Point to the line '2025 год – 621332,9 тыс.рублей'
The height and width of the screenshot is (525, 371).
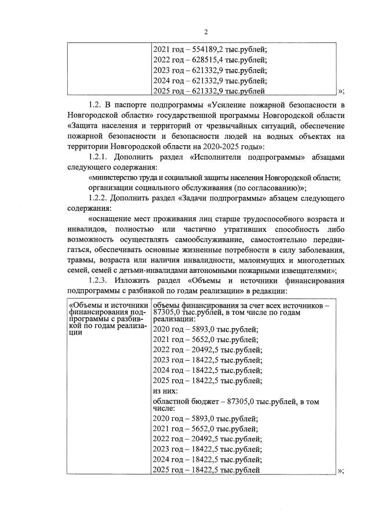tap(209, 91)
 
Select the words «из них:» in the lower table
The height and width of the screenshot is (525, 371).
tap(165, 391)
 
